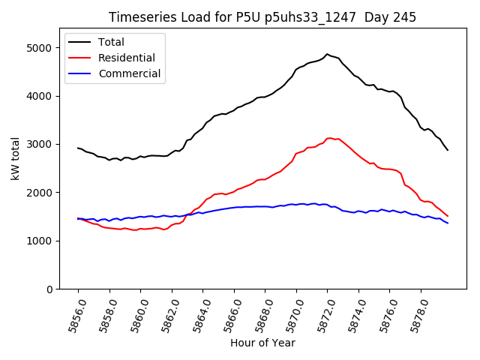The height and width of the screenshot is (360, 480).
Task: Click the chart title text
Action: click(262, 17)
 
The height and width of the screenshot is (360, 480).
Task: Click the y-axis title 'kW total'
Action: click(16, 158)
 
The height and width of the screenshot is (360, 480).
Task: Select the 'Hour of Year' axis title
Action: click(262, 343)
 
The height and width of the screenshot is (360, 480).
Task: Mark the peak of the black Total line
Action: click(327, 54)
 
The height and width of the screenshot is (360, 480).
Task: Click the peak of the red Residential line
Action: click(330, 138)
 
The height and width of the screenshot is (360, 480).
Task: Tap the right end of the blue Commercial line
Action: click(448, 223)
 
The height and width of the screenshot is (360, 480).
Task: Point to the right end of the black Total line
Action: click(448, 150)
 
